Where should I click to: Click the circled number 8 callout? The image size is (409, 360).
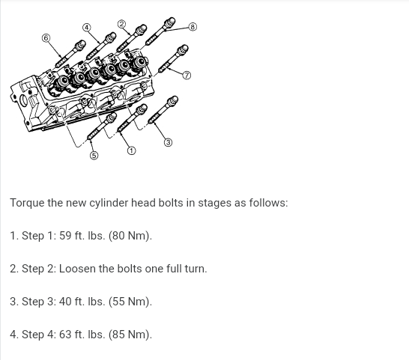[x=193, y=27]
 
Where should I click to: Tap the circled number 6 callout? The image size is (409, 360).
[x=46, y=38]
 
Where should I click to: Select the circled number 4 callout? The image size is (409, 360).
[x=87, y=28]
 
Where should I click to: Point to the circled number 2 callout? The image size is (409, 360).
[x=121, y=24]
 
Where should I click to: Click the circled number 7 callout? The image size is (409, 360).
[x=187, y=76]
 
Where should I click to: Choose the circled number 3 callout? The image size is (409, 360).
[x=169, y=142]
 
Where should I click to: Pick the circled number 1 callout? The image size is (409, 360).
[x=132, y=150]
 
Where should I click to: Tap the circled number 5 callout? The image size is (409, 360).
[x=94, y=156]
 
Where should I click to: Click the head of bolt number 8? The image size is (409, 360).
[x=169, y=22]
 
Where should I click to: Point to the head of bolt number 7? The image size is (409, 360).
[x=183, y=49]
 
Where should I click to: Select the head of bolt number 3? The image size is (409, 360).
[x=172, y=100]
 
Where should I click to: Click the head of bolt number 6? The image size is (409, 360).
[x=80, y=45]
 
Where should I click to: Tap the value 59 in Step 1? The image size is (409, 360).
[x=65, y=236]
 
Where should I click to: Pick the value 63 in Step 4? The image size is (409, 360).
[x=65, y=335]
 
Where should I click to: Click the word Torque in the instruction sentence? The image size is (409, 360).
[x=27, y=203]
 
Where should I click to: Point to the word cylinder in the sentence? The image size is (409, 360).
[x=109, y=203]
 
